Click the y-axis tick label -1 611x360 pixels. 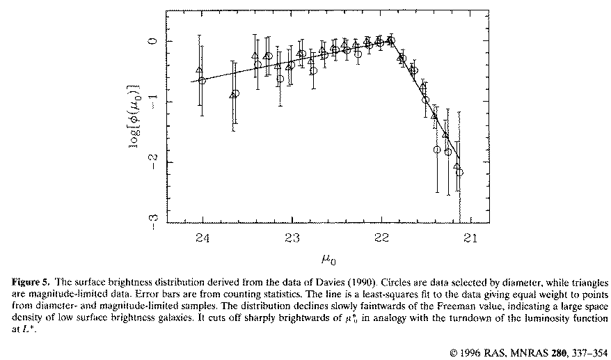[x=154, y=102]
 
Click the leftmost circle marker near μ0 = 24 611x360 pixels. [x=203, y=81]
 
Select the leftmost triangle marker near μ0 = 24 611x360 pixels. [x=200, y=70]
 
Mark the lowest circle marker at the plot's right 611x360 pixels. [x=459, y=172]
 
